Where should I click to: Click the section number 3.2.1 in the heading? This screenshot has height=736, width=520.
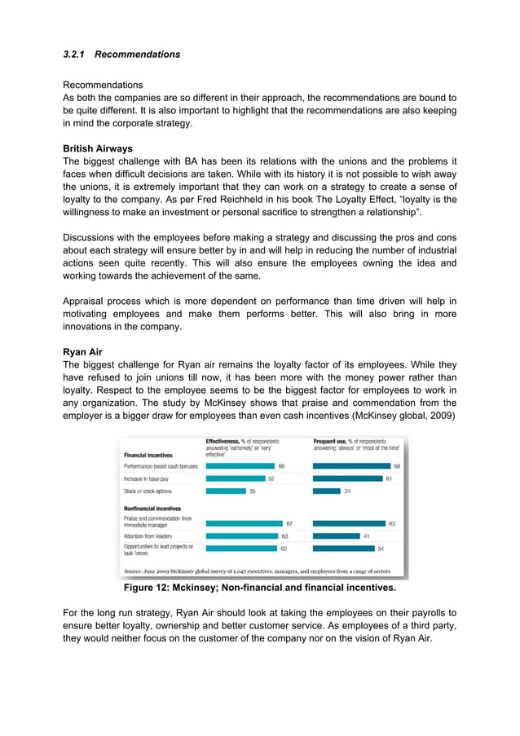(75, 55)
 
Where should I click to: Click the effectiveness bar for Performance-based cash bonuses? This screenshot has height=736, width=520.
(240, 465)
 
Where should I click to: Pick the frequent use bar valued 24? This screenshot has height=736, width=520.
(326, 491)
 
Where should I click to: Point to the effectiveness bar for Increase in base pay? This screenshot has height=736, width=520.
(236, 478)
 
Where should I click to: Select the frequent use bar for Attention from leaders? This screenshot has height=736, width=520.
(336, 536)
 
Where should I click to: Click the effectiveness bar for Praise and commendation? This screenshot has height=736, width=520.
(244, 523)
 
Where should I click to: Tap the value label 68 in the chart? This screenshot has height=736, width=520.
(397, 465)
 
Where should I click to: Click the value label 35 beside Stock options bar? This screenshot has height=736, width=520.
(253, 491)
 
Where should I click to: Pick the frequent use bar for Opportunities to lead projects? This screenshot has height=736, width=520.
(342, 549)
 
